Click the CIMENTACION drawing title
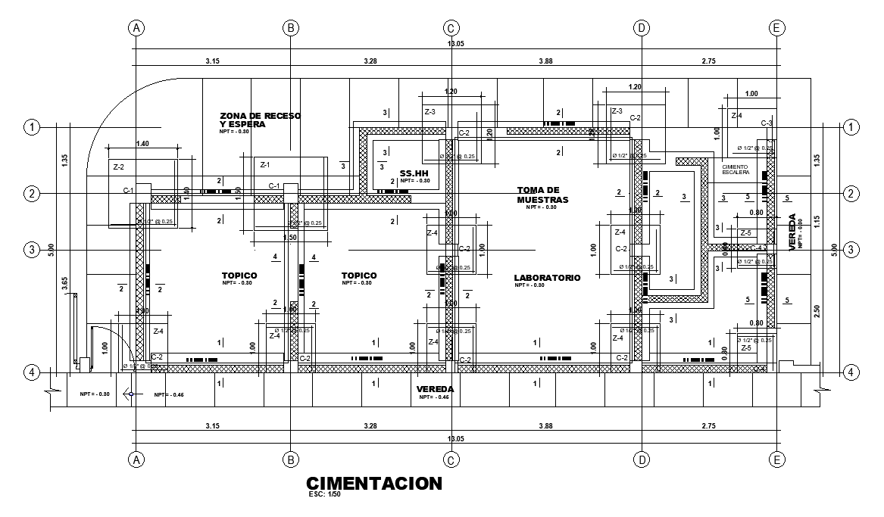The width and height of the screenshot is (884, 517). coord(373,483)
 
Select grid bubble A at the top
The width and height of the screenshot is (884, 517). coord(136,28)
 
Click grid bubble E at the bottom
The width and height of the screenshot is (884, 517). coord(776,459)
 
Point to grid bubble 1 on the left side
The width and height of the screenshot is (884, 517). coord(32,126)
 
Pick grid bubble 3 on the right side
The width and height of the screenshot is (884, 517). coord(851,249)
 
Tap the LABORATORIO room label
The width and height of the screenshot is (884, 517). coord(547,278)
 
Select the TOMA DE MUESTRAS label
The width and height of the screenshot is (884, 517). coord(542,195)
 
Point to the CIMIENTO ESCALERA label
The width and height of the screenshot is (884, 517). coord(736,170)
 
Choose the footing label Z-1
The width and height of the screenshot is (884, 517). coord(265,164)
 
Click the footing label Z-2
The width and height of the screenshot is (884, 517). coord(118,167)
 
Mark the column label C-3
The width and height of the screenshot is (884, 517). coord(766,123)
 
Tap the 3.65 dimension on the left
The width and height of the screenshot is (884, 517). coord(65,285)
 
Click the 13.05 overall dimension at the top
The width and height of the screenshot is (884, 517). coord(456,44)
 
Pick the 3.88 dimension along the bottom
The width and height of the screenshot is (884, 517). coord(545,427)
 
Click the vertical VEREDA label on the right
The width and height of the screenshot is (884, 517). coord(793,232)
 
